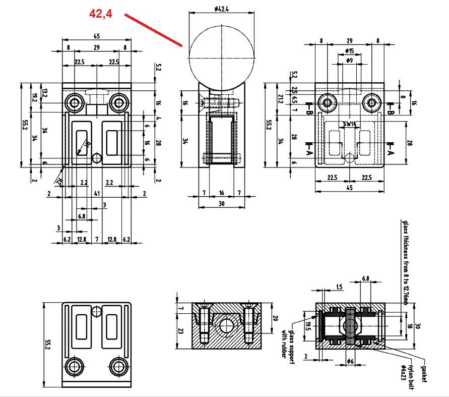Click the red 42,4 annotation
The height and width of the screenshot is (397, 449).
(100, 14)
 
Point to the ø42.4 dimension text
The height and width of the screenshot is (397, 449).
(221, 8)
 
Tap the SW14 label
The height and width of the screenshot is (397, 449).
(349, 124)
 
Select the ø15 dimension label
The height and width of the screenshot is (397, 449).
(349, 51)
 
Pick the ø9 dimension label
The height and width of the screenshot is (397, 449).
(349, 61)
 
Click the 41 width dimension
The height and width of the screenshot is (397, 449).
(96, 193)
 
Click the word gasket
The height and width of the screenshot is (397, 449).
(423, 371)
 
